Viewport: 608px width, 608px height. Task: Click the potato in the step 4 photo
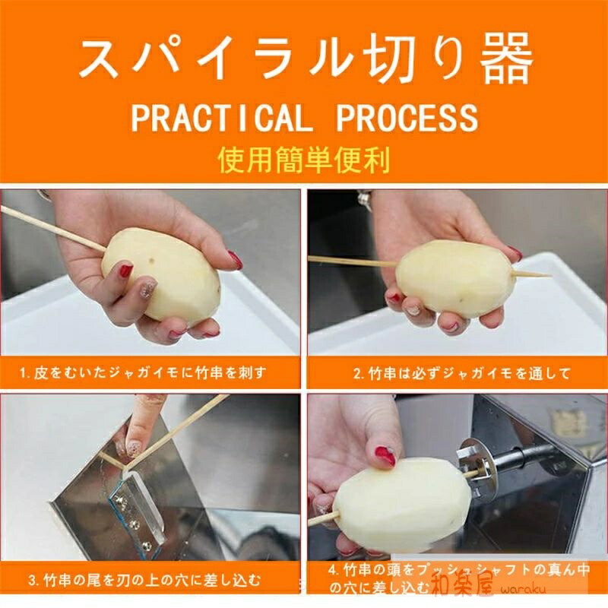pos(404,504)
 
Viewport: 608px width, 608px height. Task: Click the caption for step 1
pos(143,373)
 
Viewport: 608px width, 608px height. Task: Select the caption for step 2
pos(461,374)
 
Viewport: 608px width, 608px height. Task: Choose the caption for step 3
pos(144,581)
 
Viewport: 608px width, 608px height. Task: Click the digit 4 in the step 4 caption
pos(333,570)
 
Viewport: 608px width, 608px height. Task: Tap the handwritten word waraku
pos(523,590)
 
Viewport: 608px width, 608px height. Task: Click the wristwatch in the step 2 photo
pos(365,201)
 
